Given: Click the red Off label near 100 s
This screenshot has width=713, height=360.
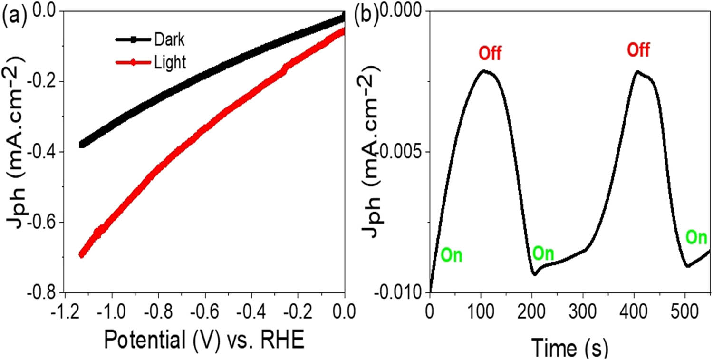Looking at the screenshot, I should click(490, 52).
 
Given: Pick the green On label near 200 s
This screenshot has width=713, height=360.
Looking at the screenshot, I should click(543, 253).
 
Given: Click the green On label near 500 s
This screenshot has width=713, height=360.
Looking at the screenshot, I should click(696, 237).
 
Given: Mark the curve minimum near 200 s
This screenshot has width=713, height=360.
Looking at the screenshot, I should click(535, 274).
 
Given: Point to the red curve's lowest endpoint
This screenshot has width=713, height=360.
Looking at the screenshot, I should click(81, 255).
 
